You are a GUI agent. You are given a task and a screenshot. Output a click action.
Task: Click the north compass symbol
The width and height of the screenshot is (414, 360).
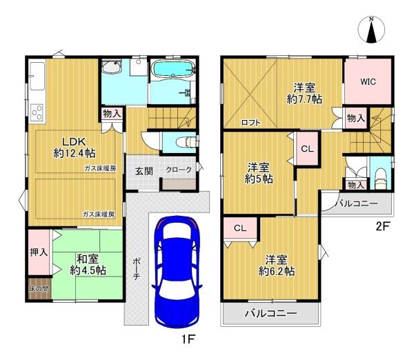point(371,30)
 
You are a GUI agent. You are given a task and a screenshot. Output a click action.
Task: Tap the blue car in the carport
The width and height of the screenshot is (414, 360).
point(177,272)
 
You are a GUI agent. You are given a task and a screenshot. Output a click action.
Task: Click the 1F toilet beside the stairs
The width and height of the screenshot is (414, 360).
point(186,142)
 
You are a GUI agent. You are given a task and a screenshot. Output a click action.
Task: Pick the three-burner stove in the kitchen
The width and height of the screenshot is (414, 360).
point(37,112)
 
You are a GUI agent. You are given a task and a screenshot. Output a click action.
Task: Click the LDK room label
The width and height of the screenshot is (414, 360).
point(74,142)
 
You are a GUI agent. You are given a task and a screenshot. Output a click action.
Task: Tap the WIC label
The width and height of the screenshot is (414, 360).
point(368,81)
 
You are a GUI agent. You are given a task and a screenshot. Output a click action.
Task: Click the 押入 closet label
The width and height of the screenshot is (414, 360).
point(39,252)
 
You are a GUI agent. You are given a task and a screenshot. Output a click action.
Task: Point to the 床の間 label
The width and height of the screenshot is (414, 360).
point(39,289)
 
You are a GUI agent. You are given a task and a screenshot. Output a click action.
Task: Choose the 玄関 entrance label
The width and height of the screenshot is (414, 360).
point(144,171)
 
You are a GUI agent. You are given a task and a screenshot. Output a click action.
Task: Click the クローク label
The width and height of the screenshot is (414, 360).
point(179,170)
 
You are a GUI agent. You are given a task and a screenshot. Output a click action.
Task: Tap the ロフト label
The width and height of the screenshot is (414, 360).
point(251,123)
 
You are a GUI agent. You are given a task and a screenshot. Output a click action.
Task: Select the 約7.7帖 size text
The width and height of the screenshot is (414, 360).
point(304,99)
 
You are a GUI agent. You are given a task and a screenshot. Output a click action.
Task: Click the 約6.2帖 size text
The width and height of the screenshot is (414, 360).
point(277,271)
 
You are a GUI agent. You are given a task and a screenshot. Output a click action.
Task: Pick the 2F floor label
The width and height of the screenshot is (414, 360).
point(383,226)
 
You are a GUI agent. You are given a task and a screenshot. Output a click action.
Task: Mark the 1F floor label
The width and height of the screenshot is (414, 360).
point(188,339)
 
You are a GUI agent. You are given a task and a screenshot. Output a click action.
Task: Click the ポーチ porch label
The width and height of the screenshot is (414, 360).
point(136,269)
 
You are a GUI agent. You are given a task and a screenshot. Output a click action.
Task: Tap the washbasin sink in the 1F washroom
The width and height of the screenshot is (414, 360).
point(111,67)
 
